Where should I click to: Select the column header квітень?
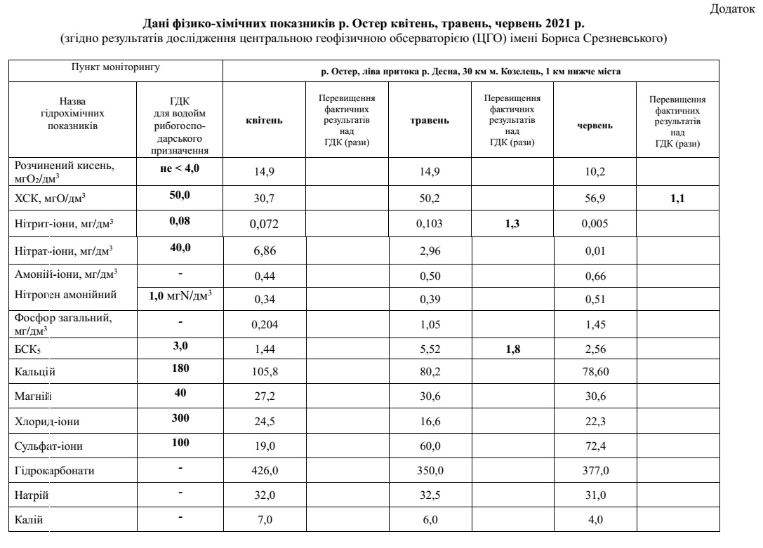(x=264, y=121)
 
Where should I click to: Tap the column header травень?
(x=429, y=121)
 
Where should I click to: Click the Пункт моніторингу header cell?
(x=115, y=68)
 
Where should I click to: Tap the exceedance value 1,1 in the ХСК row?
(x=677, y=199)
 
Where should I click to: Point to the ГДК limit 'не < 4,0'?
(x=180, y=168)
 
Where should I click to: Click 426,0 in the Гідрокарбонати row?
(x=264, y=471)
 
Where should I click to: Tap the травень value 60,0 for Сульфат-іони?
(x=429, y=446)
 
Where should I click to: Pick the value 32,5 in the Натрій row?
(x=429, y=495)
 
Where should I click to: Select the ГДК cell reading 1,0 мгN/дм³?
(x=180, y=296)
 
